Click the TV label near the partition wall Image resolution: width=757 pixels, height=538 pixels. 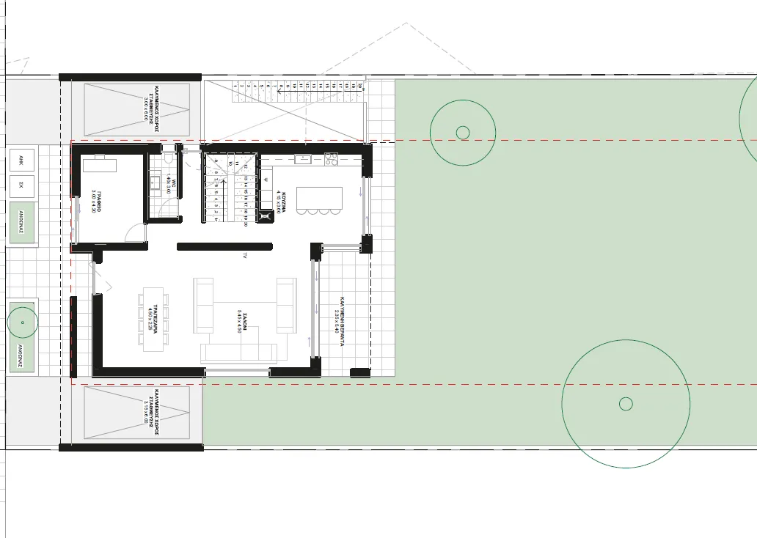click(x=245, y=256)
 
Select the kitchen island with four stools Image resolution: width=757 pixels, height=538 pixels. click(x=319, y=199)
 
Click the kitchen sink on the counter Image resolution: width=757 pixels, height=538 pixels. click(x=302, y=159)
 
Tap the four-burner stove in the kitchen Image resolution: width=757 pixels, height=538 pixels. click(x=330, y=158)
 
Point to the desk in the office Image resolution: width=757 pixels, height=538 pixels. click(x=99, y=163)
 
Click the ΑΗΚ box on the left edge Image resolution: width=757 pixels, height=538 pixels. click(x=21, y=160)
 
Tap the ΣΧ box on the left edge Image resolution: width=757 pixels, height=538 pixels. click(x=21, y=185)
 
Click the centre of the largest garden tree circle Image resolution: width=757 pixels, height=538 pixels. click(x=626, y=403)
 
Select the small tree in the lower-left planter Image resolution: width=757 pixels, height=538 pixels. click(x=22, y=323)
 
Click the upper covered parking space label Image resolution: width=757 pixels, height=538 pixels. click(x=147, y=109)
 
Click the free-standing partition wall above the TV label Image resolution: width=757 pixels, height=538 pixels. click(x=224, y=247)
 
